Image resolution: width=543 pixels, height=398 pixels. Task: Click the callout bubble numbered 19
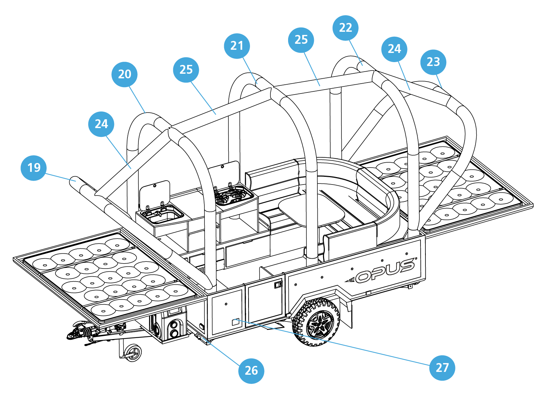coord(34,168)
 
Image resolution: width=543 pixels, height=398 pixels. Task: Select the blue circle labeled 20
coord(124,74)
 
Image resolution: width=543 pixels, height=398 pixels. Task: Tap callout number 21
coord(237,46)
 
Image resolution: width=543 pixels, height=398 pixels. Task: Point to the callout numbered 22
coord(345,28)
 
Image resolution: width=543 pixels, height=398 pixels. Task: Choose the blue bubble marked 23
coord(433,62)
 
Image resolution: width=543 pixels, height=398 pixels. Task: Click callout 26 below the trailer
coord(251,370)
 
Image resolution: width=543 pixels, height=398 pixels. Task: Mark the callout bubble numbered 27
coord(442,368)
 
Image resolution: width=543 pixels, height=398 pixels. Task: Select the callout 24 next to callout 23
coord(394,49)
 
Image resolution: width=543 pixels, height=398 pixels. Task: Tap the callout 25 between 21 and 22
coord(301,40)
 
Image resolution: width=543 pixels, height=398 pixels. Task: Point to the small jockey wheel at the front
coord(133,352)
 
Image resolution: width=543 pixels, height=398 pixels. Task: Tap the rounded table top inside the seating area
coord(311,212)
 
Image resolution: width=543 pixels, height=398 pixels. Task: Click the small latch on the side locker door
coord(278,284)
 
